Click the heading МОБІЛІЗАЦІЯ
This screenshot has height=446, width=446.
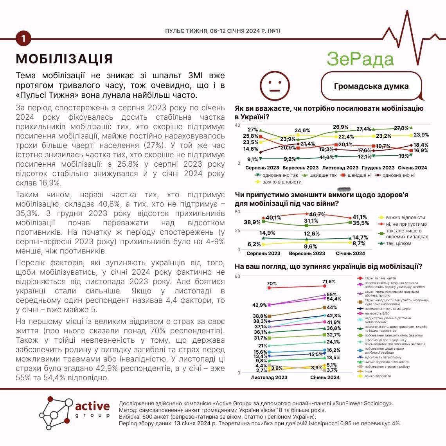point(64,59)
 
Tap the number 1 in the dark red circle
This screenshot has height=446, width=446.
point(23,38)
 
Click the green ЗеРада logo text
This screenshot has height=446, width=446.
point(360,59)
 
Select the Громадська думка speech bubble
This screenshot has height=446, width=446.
point(371,86)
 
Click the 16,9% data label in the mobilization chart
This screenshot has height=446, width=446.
point(421,150)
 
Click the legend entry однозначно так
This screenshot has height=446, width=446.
point(278,175)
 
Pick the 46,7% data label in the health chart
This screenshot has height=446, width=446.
point(317,214)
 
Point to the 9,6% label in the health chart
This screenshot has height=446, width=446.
point(310,246)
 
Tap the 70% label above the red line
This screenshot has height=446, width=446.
point(272,284)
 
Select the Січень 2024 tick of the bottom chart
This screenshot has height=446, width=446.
point(325,378)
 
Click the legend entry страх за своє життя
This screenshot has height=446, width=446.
point(376,278)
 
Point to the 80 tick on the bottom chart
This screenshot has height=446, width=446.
point(237,276)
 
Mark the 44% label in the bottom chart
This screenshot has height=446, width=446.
point(332,308)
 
